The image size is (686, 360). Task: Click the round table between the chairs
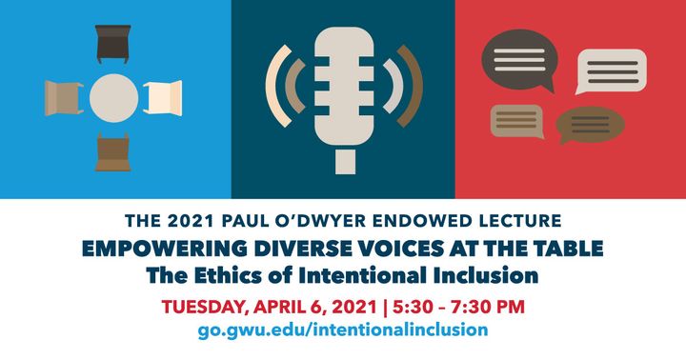pos(113,96)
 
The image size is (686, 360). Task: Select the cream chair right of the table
pos(163,96)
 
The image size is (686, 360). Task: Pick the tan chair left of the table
pos(64,96)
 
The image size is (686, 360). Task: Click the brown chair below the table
pos(113,151)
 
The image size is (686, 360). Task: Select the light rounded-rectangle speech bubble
pos(611,70)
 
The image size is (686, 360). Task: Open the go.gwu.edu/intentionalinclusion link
pos(343,330)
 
